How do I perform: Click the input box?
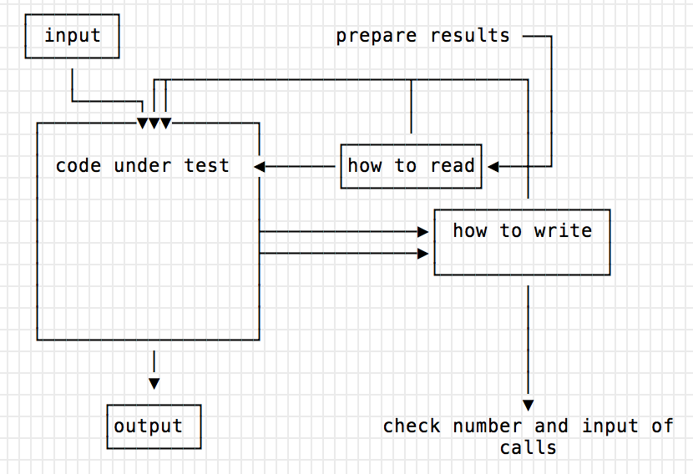click(x=72, y=37)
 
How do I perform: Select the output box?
click(x=154, y=426)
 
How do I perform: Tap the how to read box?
click(x=411, y=165)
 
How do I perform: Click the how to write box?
click(x=522, y=243)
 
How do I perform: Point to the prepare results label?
click(x=422, y=36)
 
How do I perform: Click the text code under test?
click(x=142, y=165)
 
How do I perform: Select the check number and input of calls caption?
click(x=528, y=436)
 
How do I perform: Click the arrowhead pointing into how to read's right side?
click(x=493, y=167)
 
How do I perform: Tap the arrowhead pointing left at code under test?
click(x=260, y=167)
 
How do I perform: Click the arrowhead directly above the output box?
click(x=154, y=383)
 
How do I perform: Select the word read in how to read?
click(x=453, y=165)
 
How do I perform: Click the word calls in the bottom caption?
click(x=528, y=447)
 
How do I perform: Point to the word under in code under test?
click(x=142, y=165)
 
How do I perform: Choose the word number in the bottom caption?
click(x=488, y=426)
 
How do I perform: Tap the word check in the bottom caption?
click(x=412, y=426)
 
